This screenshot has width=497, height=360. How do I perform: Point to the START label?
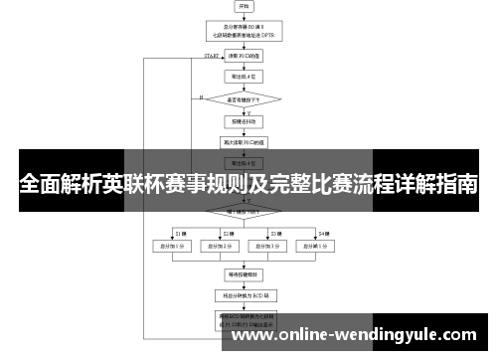[x=211, y=57]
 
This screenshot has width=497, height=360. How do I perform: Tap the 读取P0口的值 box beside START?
[x=244, y=57]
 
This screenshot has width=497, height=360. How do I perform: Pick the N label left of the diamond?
[x=201, y=97]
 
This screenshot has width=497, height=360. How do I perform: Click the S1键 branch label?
[x=181, y=232]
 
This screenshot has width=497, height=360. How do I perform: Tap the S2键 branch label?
[x=225, y=232]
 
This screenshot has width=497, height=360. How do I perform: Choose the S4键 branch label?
[x=324, y=232]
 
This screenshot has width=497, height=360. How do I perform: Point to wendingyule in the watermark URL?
[x=377, y=335]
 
